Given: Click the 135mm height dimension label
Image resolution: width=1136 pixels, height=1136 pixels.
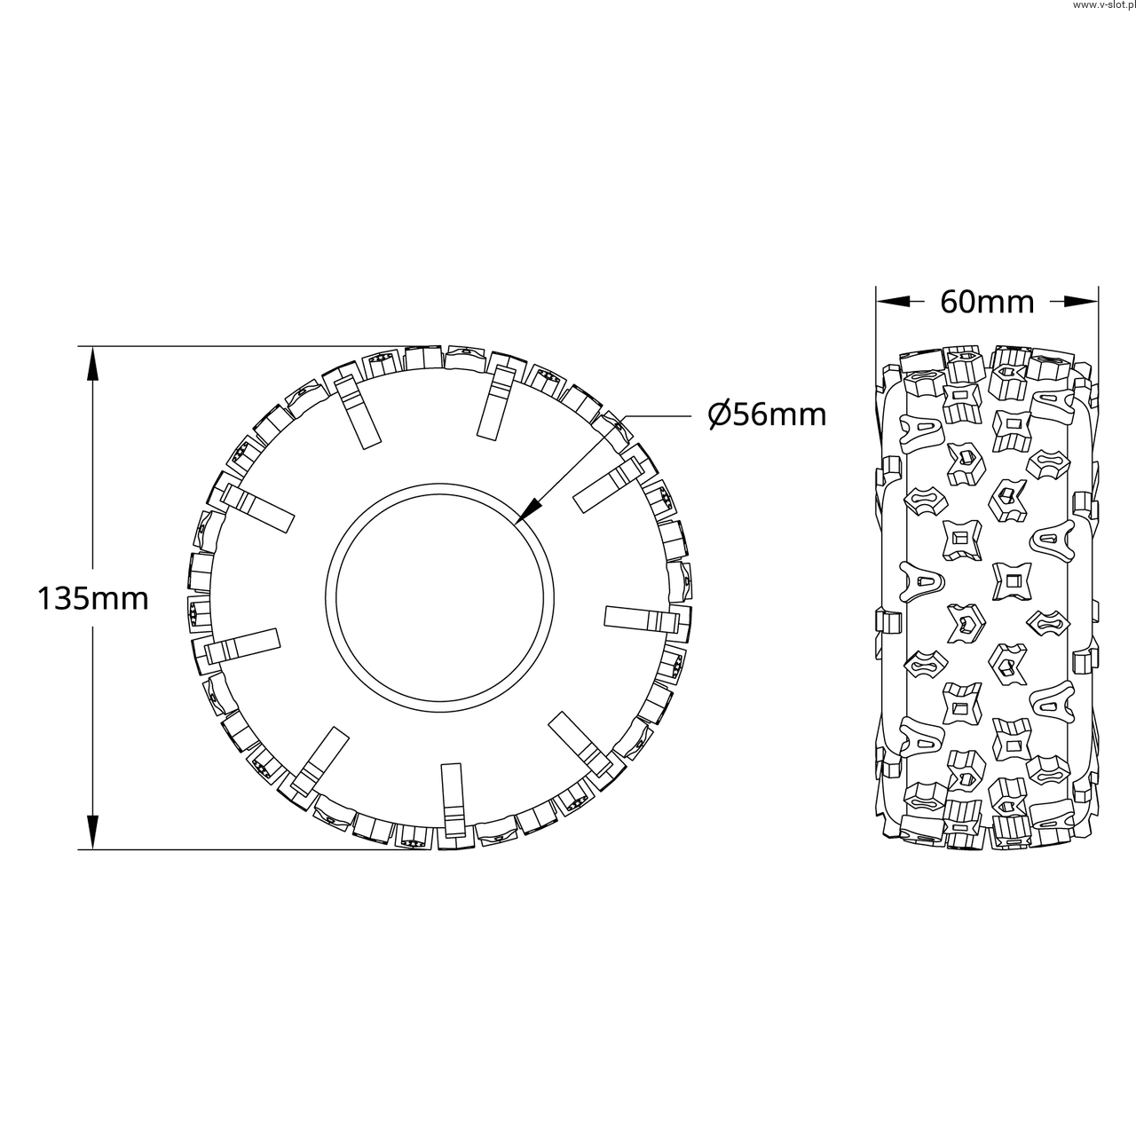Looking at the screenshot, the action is [93, 599].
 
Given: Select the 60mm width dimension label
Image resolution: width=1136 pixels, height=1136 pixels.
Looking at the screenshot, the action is [987, 303].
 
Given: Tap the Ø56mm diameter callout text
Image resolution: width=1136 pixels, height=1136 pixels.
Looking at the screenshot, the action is [767, 415].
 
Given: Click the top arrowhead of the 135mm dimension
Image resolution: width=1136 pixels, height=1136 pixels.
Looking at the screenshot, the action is [92, 364].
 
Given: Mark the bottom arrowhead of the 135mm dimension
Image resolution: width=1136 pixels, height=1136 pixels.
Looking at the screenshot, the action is [92, 832].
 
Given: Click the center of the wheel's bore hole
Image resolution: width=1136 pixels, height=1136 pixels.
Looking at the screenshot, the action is [440, 598].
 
